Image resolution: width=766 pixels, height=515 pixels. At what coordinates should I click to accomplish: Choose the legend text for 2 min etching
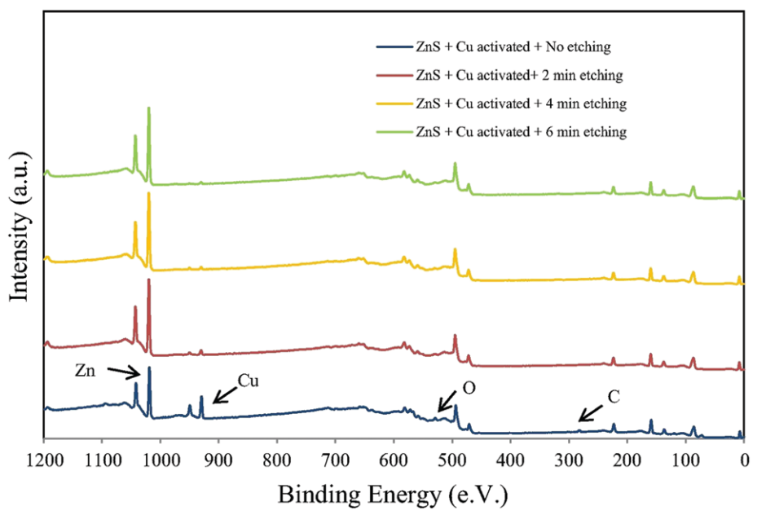pyautogui.click(x=519, y=75)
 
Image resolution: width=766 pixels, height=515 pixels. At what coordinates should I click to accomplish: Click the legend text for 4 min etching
pyautogui.click(x=521, y=103)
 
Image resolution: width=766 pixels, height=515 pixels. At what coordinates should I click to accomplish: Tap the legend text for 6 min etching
pyautogui.click(x=521, y=131)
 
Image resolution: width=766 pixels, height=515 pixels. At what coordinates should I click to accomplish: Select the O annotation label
pyautogui.click(x=469, y=390)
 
